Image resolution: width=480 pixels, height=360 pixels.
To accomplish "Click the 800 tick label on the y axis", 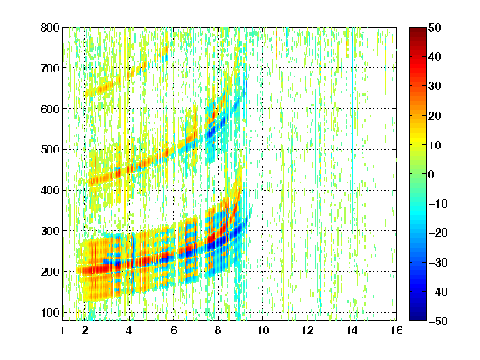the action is coord(50,27).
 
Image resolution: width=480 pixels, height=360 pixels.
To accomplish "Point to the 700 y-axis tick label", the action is coord(50,68).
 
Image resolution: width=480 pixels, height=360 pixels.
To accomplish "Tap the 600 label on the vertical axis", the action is coord(50,109).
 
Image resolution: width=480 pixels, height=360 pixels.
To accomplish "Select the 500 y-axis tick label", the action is coord(50,150).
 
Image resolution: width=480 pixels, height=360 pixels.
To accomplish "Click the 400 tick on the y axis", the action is coord(50,190).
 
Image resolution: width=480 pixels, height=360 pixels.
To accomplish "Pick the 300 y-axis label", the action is coord(50,231).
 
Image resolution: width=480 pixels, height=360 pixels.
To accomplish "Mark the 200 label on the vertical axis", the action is coord(50,272).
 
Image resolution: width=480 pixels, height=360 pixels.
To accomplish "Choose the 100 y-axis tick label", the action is coord(50,312).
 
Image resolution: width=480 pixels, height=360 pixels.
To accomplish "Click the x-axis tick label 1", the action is coord(62,331).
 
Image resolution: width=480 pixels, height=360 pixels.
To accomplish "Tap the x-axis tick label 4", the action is coord(129,331).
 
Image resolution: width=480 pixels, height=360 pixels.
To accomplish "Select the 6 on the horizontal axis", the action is coord(173,331).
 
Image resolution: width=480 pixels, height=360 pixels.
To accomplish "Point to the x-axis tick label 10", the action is coord(262,331).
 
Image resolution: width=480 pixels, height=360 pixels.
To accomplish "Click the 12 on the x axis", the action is coord(307,331).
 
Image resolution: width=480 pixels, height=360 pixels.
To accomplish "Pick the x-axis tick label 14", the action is coord(352,331).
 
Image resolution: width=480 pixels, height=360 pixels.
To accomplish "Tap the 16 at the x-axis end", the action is coord(396,331).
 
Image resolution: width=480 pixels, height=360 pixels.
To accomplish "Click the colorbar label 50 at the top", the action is coord(434,27).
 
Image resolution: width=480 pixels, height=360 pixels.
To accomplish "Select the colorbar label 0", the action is coord(432,174).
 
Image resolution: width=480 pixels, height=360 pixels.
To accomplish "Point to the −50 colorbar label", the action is coord(438,321).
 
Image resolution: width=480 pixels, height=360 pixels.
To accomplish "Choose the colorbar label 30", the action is coord(434,87).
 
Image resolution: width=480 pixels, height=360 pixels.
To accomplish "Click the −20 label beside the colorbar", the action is coord(438,233).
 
